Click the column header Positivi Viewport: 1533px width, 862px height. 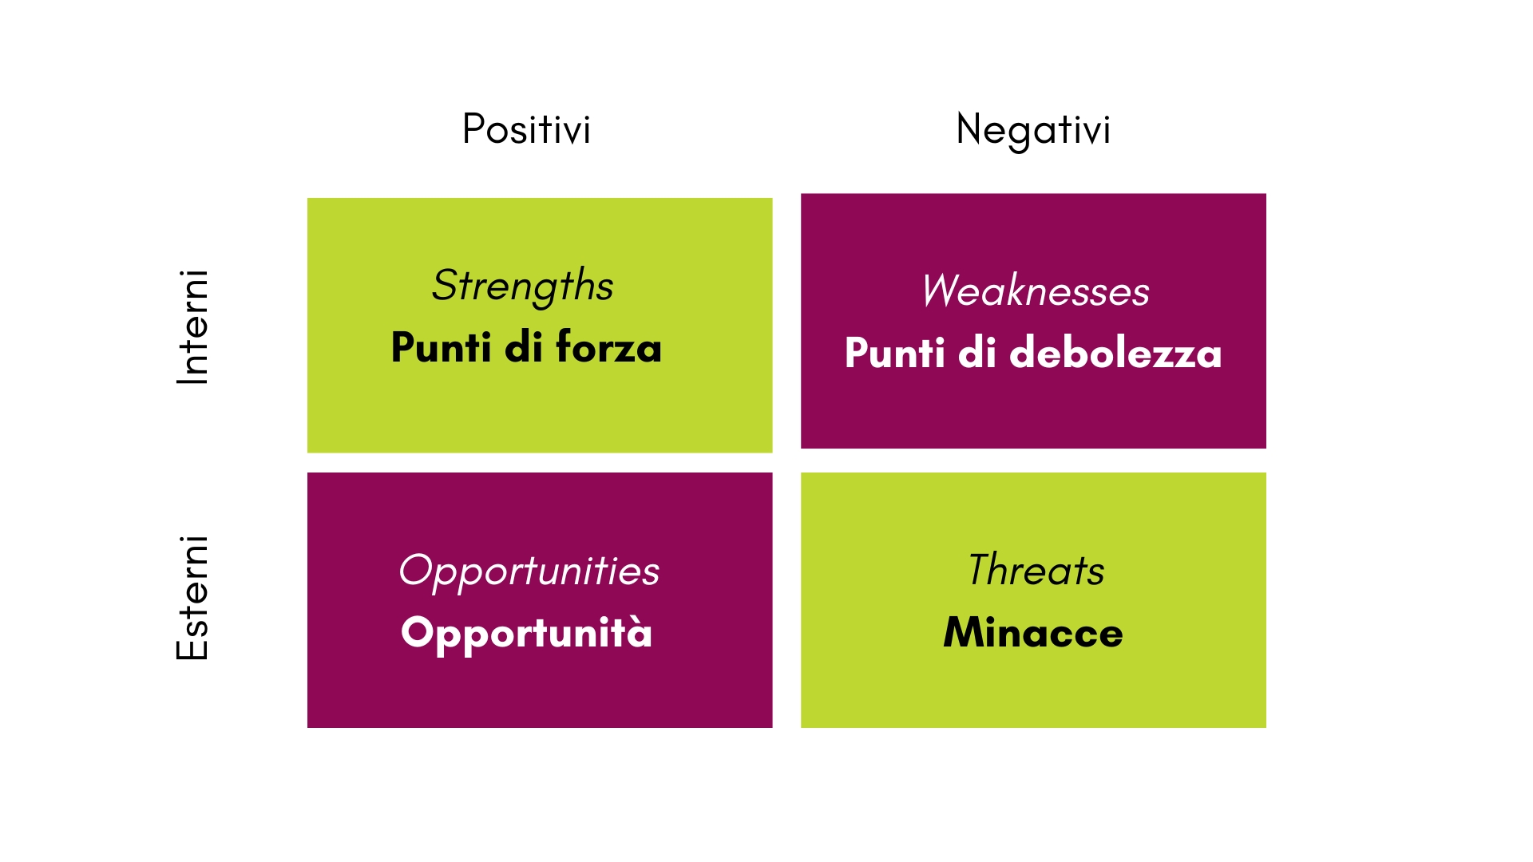point(526,129)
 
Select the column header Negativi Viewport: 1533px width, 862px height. point(1033,131)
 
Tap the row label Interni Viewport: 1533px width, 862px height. point(192,327)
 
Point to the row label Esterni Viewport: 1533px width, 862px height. point(192,598)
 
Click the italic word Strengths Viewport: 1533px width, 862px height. point(523,287)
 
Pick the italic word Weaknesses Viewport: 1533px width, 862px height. point(1036,291)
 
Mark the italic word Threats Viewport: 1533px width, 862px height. point(1036,570)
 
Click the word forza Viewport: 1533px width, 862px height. point(608,347)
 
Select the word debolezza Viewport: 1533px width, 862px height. point(1115,352)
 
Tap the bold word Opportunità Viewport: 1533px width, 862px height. point(527,634)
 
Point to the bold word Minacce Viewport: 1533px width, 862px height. point(1033,632)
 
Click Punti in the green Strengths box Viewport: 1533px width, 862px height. point(442,347)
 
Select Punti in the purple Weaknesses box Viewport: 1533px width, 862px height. point(895,352)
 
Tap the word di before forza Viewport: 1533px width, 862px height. point(524,347)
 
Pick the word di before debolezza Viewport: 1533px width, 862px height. point(977,352)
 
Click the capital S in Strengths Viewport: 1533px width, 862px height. point(446,285)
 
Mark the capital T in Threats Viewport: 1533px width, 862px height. point(981,570)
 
